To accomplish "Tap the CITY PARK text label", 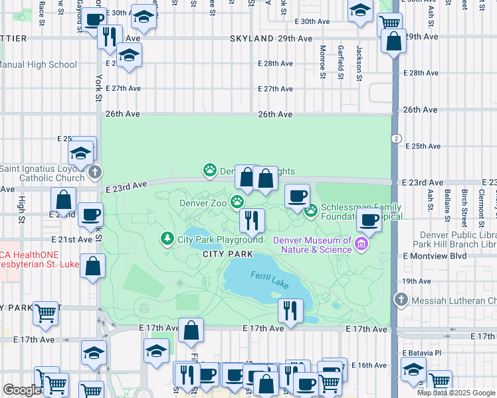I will coord(228,254).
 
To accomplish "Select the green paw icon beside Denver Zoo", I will coord(237,202).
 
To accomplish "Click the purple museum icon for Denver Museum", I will coord(361,244).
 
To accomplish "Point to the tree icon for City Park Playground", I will coord(167,238).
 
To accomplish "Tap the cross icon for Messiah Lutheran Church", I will coord(401,300).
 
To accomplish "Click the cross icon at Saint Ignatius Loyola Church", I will coord(94,173).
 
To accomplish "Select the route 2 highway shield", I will coord(395,138).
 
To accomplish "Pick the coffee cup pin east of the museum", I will coord(369,220).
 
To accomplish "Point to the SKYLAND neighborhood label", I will coord(252,39).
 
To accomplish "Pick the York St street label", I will coord(98,88).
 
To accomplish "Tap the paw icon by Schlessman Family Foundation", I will coord(310,212).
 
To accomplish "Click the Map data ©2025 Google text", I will coord(456,393).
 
